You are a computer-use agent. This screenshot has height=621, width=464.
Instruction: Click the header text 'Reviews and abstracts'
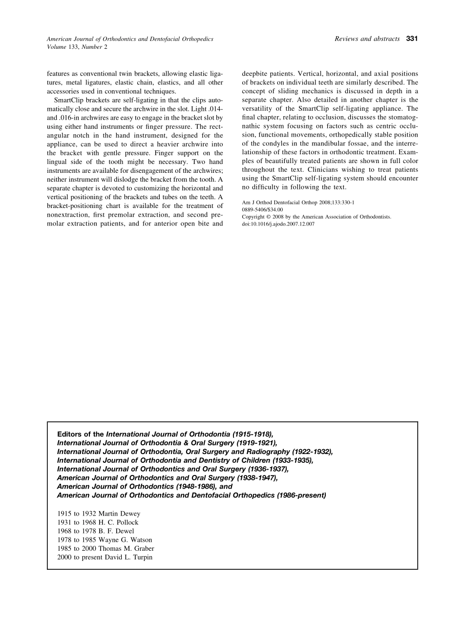pyautogui.click(x=367, y=39)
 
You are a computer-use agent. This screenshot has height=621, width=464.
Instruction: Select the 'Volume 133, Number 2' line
pyautogui.click(x=77, y=47)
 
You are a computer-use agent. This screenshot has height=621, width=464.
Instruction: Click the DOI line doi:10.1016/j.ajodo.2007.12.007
pyautogui.click(x=278, y=224)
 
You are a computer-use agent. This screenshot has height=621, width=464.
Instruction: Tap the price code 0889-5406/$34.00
pyautogui.click(x=262, y=209)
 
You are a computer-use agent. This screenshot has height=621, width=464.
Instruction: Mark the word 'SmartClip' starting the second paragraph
pyautogui.click(x=69, y=101)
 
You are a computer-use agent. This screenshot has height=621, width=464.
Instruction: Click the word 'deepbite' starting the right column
pyautogui.click(x=255, y=74)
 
